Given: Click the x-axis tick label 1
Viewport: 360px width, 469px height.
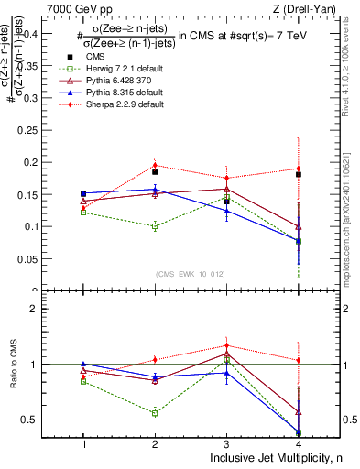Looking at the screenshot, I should [83, 442].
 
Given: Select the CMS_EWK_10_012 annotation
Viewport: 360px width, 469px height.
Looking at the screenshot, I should [188, 275].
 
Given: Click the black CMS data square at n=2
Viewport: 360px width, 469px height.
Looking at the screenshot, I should [155, 171].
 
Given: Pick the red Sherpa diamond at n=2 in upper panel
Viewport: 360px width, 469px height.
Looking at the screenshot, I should [155, 166].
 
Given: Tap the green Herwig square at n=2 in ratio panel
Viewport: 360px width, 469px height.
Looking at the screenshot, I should [155, 413].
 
